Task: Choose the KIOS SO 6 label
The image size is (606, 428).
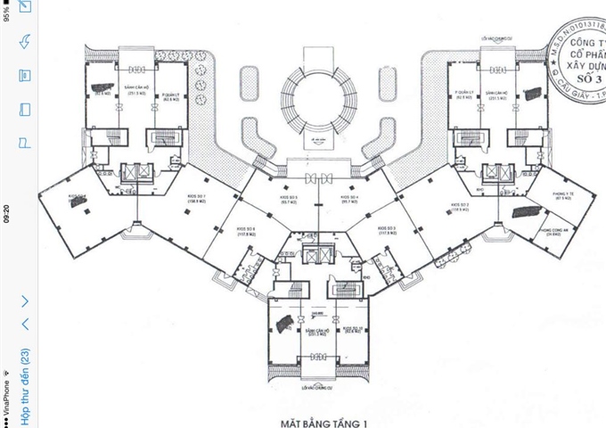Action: point(247,231)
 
